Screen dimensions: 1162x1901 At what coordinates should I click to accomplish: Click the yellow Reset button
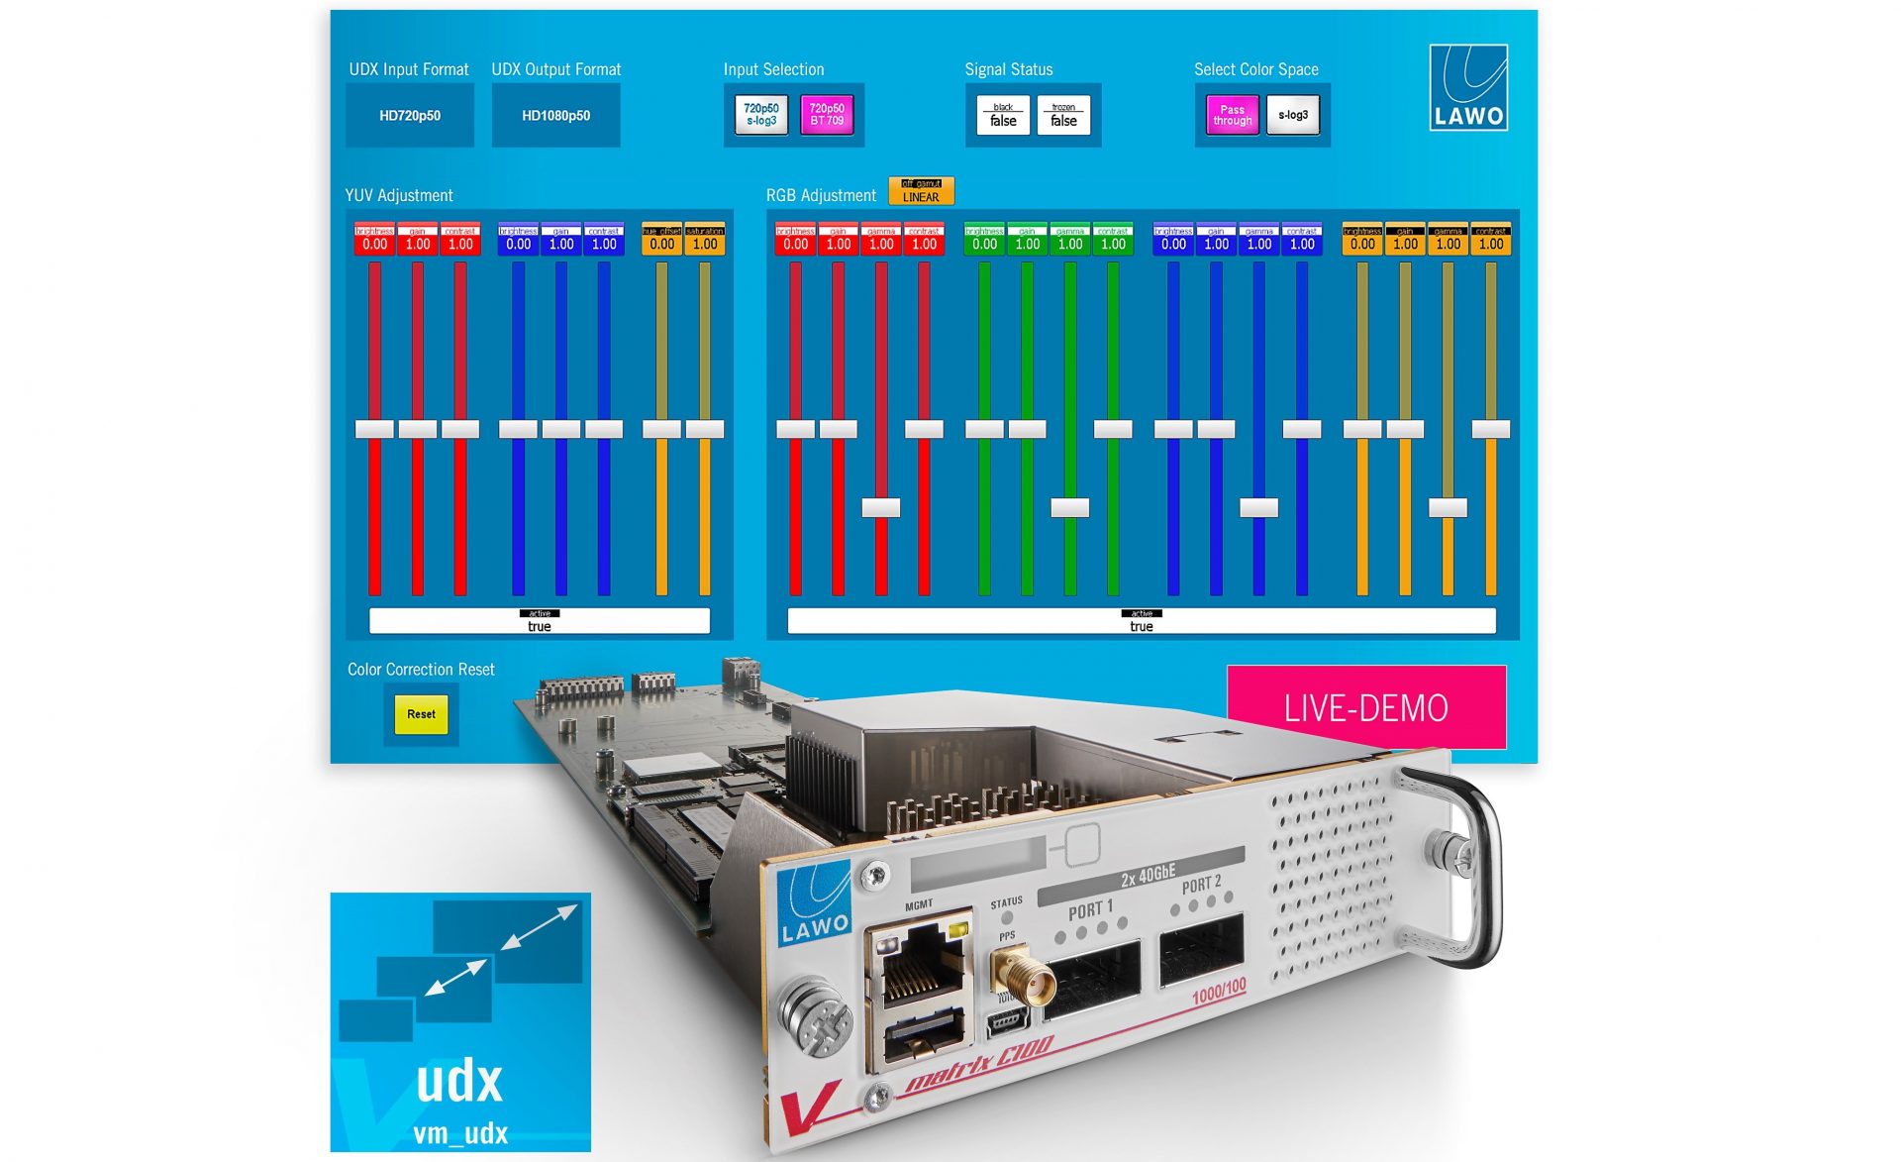[x=421, y=714]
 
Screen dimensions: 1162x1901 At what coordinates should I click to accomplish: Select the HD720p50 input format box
[x=410, y=116]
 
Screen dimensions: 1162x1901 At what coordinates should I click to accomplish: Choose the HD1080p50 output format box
[x=555, y=116]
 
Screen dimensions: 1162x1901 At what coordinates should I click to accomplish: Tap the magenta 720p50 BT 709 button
[x=827, y=115]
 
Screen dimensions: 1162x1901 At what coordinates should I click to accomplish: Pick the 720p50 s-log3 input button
[x=761, y=115]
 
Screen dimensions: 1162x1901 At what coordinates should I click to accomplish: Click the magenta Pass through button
[x=1232, y=116]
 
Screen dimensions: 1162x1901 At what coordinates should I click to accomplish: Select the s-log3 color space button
[x=1293, y=115]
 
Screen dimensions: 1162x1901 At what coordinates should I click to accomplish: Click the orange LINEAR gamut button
[x=921, y=191]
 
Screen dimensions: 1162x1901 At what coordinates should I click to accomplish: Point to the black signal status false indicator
[x=1003, y=116]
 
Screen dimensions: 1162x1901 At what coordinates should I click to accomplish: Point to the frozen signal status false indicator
[x=1063, y=116]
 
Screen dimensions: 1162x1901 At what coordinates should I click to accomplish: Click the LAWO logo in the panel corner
[x=1469, y=87]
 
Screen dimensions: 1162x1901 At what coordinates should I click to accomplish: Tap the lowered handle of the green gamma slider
[x=1069, y=508]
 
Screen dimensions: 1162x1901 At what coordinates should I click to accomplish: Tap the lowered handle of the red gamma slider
[x=881, y=508]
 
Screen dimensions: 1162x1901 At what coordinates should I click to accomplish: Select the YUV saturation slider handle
[x=705, y=429]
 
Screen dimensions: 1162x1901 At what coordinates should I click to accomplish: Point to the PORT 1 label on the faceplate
[x=1090, y=909]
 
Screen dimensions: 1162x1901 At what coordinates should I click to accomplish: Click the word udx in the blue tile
[x=459, y=1082]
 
